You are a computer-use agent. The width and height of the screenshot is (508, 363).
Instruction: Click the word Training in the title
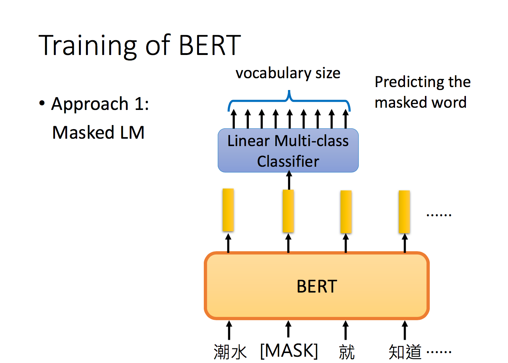[x=87, y=46]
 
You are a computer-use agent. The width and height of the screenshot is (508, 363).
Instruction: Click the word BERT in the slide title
[x=210, y=45]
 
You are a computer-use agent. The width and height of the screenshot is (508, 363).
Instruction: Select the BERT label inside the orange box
[x=317, y=286]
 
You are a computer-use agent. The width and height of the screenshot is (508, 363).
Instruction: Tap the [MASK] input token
[x=289, y=351]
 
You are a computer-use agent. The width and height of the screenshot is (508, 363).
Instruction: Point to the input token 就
[x=347, y=352]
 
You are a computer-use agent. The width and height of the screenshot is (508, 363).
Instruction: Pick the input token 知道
[x=405, y=352]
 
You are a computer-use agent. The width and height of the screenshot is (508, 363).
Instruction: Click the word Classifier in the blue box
[x=288, y=161]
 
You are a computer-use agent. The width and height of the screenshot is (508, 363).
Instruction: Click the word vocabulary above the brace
[x=274, y=74]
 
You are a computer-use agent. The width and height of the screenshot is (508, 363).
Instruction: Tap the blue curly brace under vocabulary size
[x=289, y=101]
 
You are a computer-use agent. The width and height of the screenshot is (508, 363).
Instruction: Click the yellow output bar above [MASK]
[x=288, y=211]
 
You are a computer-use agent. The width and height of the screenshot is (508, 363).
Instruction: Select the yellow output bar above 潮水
[x=228, y=210]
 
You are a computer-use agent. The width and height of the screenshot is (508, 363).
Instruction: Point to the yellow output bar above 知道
[x=404, y=212]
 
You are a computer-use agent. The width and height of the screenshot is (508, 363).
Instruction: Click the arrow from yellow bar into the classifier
[x=289, y=180]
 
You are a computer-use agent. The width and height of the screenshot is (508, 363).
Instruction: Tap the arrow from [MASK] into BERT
[x=288, y=329]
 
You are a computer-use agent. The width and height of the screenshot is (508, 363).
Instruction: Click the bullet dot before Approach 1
[x=42, y=103]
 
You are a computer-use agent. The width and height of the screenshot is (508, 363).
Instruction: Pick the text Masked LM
[x=98, y=132]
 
